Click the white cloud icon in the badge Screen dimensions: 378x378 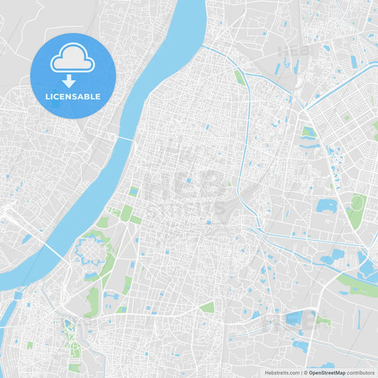[72, 58]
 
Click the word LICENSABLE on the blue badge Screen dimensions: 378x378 [72, 96]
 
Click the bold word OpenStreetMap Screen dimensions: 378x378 [328, 372]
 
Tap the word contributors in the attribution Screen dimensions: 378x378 [360, 372]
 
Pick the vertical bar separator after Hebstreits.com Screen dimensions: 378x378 [302, 372]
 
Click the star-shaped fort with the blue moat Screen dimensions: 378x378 [90, 250]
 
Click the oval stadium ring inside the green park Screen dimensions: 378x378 [357, 203]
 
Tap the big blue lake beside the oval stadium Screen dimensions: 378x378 [326, 206]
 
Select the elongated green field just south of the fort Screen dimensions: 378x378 [93, 302]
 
